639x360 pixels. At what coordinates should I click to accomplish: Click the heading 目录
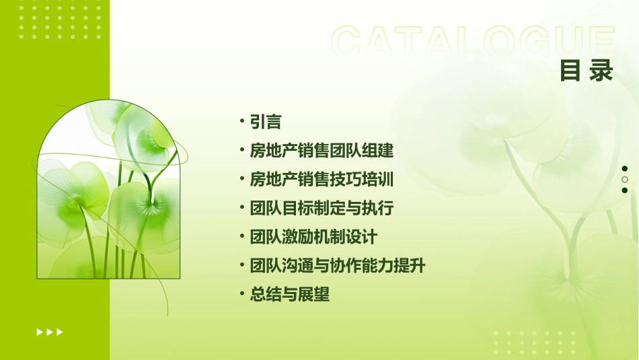[587, 70]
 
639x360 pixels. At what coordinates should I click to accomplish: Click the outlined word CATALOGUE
[473, 42]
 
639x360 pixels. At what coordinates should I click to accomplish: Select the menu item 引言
[265, 122]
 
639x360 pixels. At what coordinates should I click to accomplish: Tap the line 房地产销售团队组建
[322, 151]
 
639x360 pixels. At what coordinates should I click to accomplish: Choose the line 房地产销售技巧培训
[322, 180]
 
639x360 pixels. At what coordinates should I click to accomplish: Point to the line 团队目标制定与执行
[322, 208]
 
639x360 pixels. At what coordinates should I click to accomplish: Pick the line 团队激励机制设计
[313, 237]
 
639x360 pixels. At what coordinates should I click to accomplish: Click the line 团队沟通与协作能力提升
[338, 266]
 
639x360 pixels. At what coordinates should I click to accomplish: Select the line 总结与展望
[290, 294]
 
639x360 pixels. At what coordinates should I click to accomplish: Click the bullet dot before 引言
[241, 122]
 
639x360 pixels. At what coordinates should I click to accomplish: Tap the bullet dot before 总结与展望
[241, 294]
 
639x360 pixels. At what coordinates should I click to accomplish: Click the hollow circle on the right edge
[625, 180]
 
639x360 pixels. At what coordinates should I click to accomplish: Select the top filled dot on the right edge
[625, 169]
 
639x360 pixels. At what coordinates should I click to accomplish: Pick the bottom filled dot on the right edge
[625, 190]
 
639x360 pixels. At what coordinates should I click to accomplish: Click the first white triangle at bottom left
[40, 332]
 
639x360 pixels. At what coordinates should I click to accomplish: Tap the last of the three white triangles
[60, 332]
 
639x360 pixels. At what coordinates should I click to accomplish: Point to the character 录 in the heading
[601, 70]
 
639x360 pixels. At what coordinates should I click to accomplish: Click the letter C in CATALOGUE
[348, 42]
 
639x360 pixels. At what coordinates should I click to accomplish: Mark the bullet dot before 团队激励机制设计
[241, 237]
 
